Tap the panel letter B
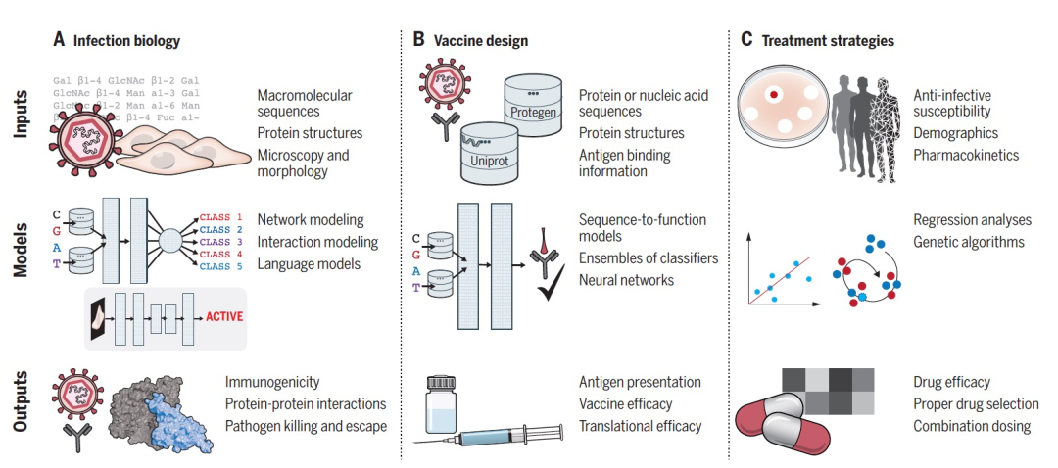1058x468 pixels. point(418,40)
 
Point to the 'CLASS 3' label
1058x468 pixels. point(220,242)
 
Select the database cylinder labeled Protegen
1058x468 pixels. point(533,105)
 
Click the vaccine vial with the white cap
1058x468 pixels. point(440,404)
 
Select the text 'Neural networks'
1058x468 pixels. point(626,279)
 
